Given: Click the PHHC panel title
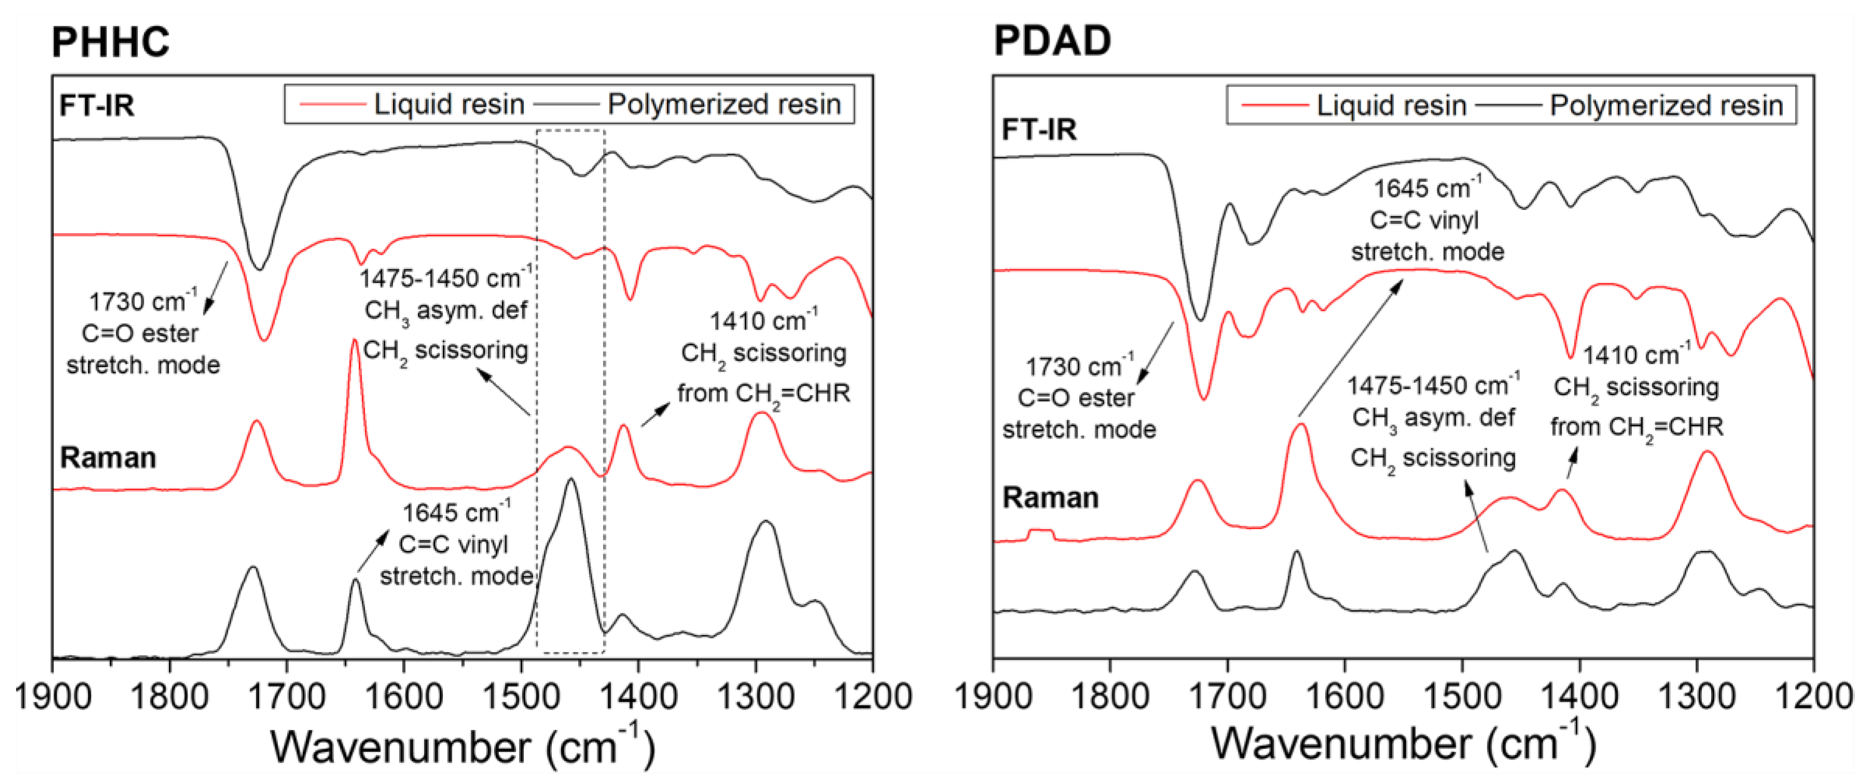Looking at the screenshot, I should click(110, 42).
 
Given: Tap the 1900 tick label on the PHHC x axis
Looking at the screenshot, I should click(53, 697).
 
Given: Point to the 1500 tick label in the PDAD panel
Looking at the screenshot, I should click(1463, 697).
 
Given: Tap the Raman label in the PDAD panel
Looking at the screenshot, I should click(1051, 498).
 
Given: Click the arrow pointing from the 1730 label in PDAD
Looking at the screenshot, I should click(1156, 353).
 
